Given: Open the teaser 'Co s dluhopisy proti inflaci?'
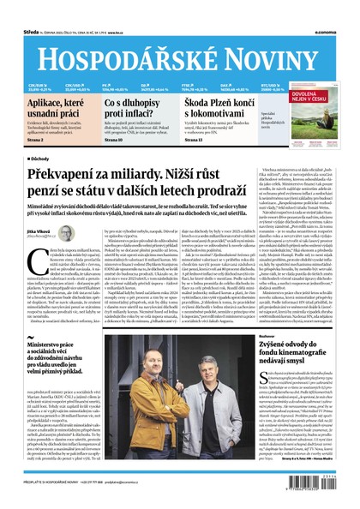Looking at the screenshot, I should click(x=137, y=109).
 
